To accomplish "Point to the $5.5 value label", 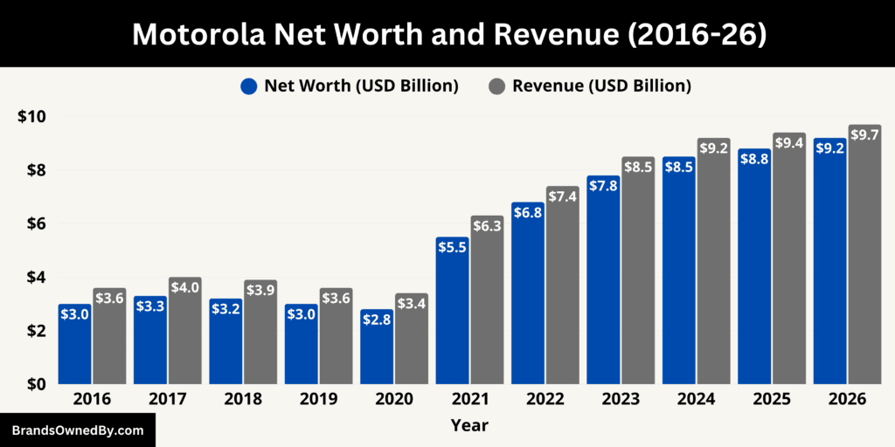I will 453,247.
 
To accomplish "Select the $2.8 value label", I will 377,320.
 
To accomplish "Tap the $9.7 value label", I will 864,135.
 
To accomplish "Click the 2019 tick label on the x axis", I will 318,399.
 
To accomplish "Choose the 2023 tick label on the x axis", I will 620,399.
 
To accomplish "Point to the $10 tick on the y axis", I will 31,116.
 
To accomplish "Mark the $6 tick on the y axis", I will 35,223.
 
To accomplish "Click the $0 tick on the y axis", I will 35,384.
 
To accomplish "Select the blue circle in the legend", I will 248,86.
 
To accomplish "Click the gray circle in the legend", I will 496,86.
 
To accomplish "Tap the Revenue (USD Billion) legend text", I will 601,86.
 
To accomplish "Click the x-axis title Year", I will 469,426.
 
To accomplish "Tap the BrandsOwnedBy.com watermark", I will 76,430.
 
